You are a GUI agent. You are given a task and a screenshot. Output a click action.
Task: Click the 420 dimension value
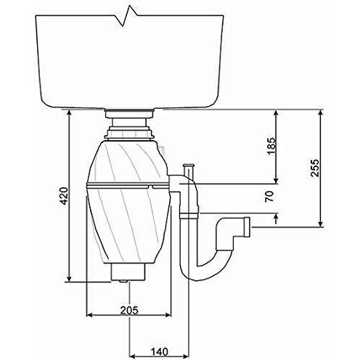64,195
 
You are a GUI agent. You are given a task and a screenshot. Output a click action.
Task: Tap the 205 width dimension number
129,311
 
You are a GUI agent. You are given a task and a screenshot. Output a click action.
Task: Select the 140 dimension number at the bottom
159,351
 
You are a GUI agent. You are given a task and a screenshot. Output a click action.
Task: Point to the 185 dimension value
271,146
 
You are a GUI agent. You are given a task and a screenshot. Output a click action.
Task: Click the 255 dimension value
315,168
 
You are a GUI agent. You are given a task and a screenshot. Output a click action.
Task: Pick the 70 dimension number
270,196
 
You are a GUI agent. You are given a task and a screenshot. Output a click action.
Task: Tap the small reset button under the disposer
123,282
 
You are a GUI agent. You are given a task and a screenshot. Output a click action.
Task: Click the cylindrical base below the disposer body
128,272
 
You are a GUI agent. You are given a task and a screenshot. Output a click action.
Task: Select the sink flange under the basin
129,113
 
